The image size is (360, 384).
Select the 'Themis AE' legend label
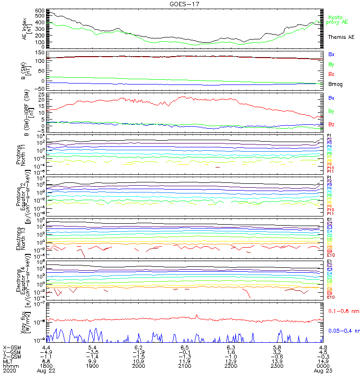(x=341, y=37)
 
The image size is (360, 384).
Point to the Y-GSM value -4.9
(x=46, y=352)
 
